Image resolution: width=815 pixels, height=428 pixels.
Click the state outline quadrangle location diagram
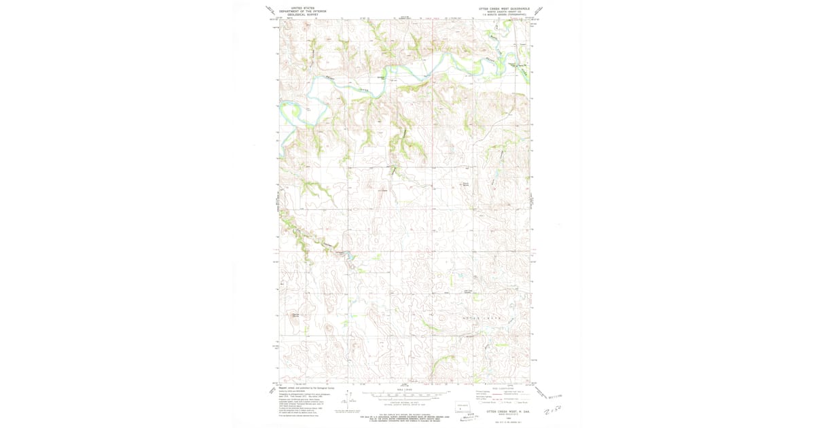464,407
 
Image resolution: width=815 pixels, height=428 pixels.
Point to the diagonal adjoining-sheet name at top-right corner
539,10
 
